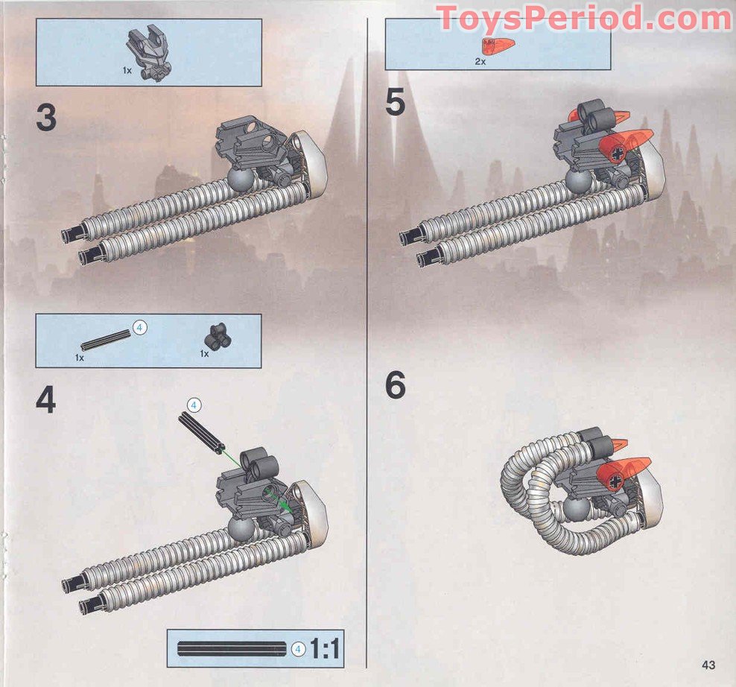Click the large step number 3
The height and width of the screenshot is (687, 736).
pyautogui.click(x=45, y=118)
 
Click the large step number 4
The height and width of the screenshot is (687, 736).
pyautogui.click(x=45, y=400)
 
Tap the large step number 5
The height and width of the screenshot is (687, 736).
pyautogui.click(x=396, y=104)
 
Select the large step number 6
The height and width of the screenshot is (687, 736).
pyautogui.click(x=396, y=386)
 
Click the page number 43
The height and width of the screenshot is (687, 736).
pyautogui.click(x=708, y=665)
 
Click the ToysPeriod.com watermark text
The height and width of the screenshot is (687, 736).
pyautogui.click(x=584, y=17)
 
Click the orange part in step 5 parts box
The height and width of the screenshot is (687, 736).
pyautogui.click(x=492, y=47)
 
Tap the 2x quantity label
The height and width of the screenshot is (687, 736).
pyautogui.click(x=480, y=62)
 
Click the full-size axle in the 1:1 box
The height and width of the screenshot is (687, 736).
pyautogui.click(x=232, y=649)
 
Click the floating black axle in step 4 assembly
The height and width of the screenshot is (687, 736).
pyautogui.click(x=201, y=432)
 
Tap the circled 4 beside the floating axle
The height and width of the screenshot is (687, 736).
pyautogui.click(x=192, y=405)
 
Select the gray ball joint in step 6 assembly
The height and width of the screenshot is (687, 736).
pyautogui.click(x=575, y=509)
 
